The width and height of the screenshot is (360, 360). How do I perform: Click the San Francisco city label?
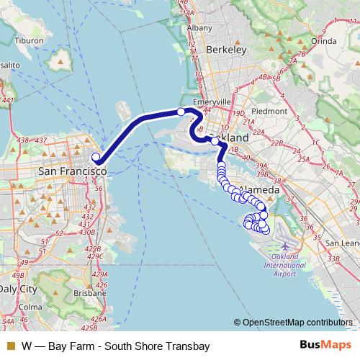(x=71, y=172)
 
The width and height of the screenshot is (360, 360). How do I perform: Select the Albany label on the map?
(x=199, y=27)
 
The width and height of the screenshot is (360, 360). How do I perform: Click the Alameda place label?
(x=261, y=189)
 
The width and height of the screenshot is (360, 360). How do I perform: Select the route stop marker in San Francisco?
(x=96, y=156)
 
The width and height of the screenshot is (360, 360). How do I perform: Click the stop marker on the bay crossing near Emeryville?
(x=181, y=112)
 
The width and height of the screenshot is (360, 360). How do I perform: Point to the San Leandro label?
(x=343, y=243)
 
